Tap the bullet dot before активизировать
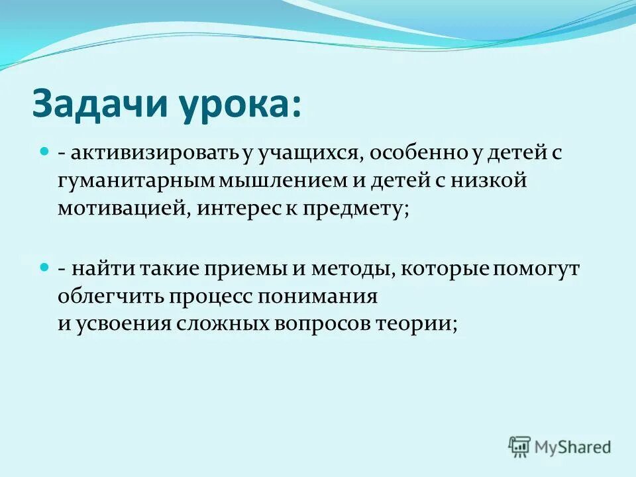click(x=45, y=152)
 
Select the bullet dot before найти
click(x=45, y=266)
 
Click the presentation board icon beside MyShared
click(x=520, y=447)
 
